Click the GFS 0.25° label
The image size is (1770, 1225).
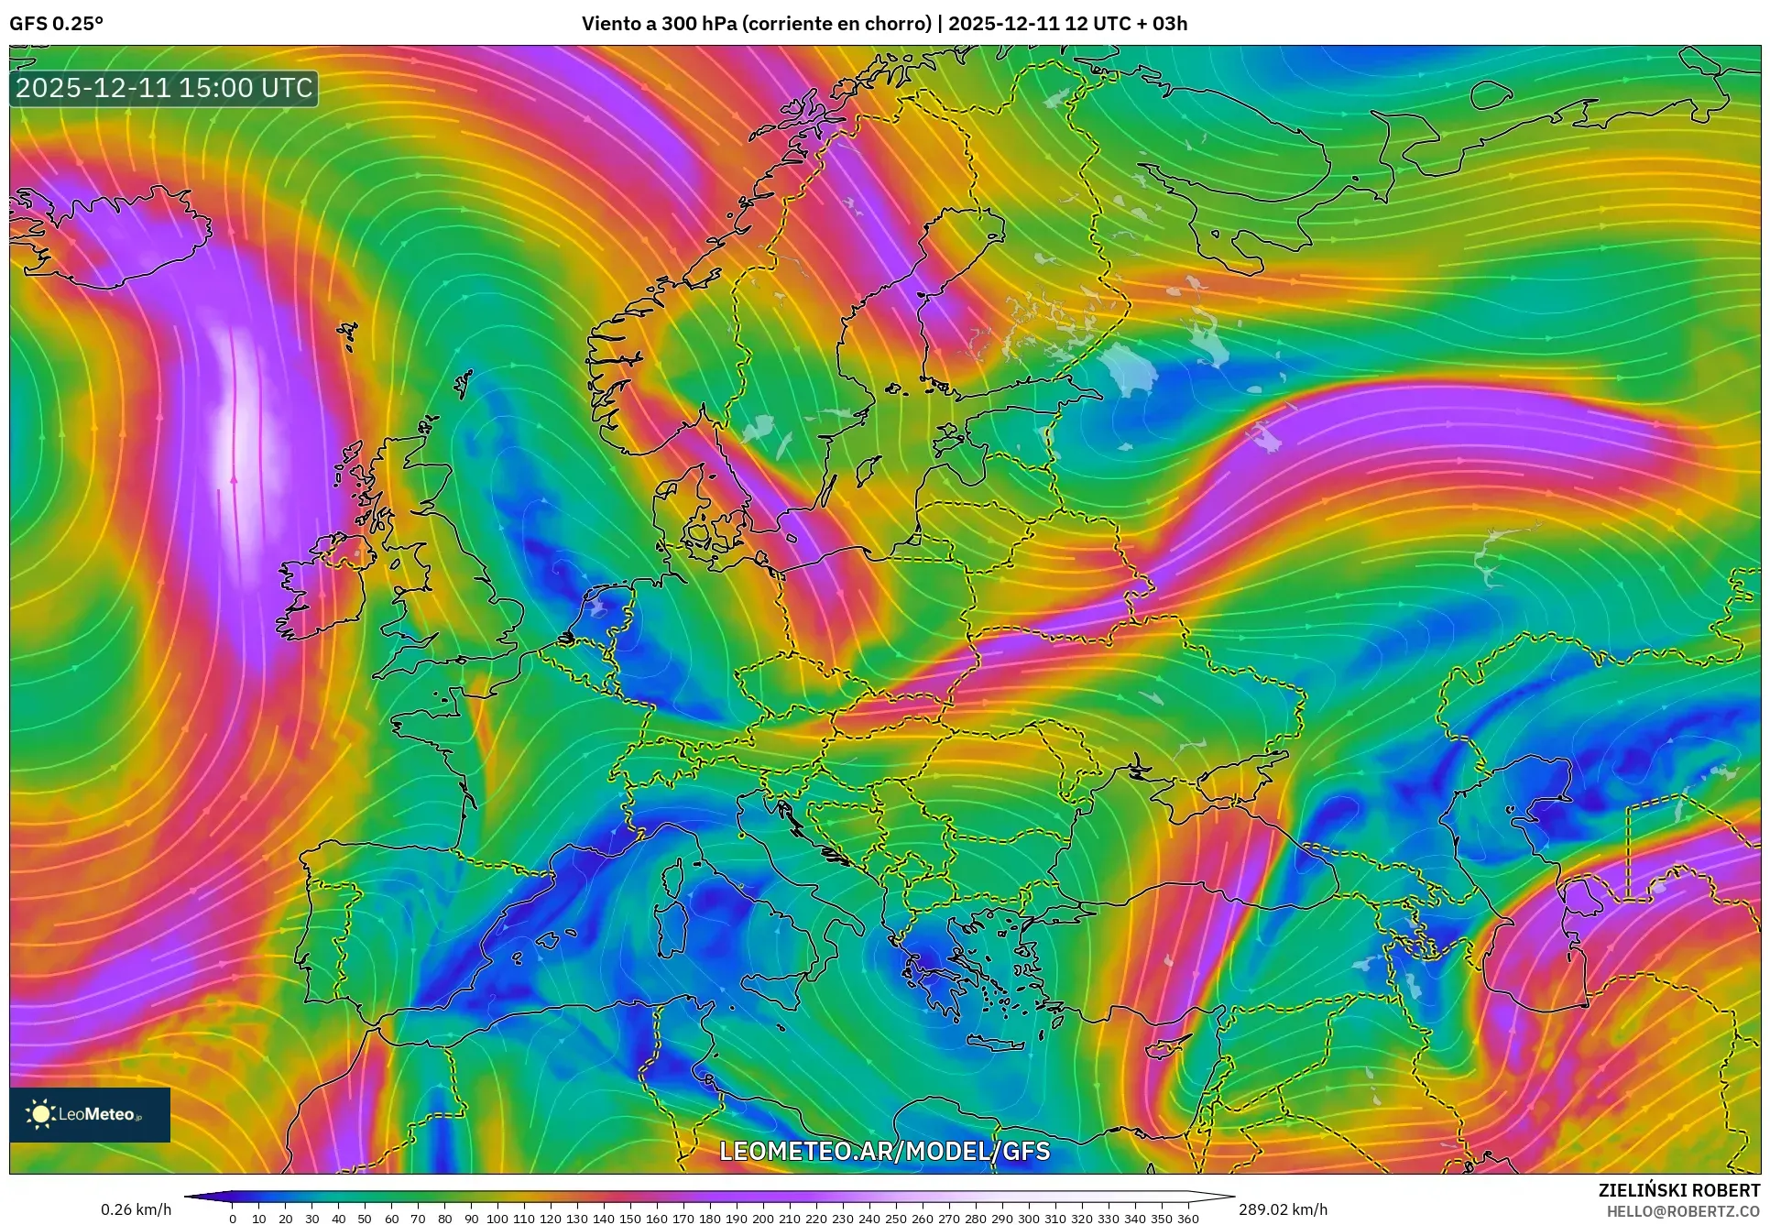56,24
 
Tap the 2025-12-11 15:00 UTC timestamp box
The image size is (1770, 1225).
164,89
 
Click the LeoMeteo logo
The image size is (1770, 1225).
90,1114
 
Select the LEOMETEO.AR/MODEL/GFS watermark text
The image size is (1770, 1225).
884,1151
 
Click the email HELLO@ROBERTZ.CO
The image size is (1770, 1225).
1683,1210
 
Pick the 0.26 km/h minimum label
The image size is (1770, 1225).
136,1209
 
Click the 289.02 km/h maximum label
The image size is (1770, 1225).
1282,1209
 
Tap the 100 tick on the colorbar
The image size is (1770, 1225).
497,1219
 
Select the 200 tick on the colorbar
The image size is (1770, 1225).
762,1219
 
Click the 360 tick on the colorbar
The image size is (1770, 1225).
1187,1219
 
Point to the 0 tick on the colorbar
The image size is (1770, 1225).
233,1219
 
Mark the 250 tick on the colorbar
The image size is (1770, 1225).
895,1219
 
